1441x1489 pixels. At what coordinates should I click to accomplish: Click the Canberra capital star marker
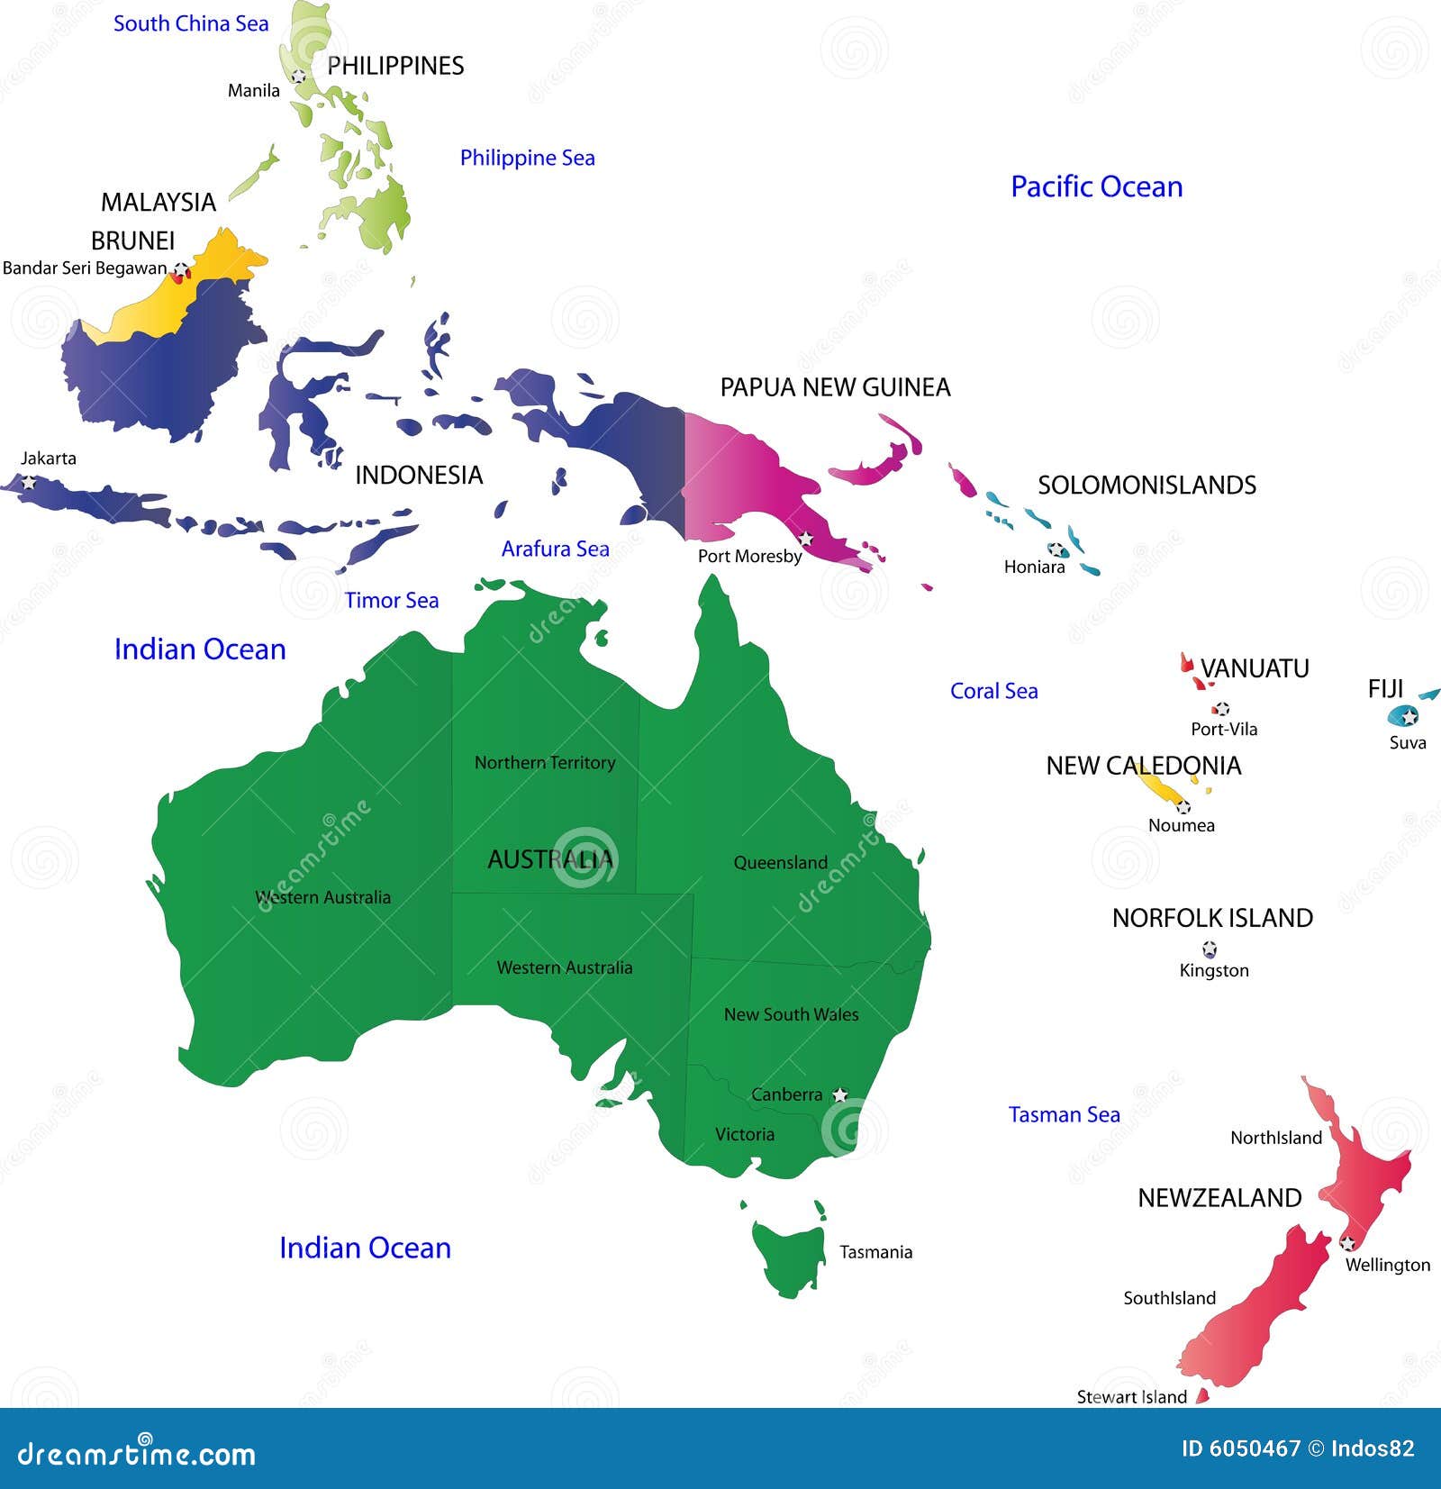[x=839, y=1094]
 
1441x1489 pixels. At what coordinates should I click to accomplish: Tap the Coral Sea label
[x=993, y=691]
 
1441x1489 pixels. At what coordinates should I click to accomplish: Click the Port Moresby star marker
[x=806, y=538]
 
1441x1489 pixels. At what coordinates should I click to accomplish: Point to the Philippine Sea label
[x=527, y=158]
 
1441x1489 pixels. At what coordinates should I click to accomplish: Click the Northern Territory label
[x=545, y=762]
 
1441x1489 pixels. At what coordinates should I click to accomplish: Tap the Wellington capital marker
[x=1347, y=1243]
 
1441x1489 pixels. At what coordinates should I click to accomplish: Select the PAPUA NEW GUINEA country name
[x=834, y=387]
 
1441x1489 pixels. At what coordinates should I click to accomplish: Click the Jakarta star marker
[x=29, y=482]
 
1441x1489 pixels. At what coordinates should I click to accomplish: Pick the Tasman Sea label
[x=1064, y=1114]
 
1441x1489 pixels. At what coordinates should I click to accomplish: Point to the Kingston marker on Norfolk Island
[x=1210, y=949]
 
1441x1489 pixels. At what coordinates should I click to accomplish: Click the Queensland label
[x=780, y=862]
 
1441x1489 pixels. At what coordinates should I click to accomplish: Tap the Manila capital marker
[x=299, y=77]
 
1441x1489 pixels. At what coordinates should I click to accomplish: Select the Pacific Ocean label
[x=1096, y=186]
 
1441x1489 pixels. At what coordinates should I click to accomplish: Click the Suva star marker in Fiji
[x=1409, y=716]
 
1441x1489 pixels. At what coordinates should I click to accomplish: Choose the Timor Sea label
[x=392, y=600]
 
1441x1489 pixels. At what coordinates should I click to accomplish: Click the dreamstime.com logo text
[x=137, y=1453]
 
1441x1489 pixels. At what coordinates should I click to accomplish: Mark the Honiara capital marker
[x=1056, y=549]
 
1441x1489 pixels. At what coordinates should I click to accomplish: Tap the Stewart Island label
[x=1131, y=1396]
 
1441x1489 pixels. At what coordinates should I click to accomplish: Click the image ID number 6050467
[x=1255, y=1448]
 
